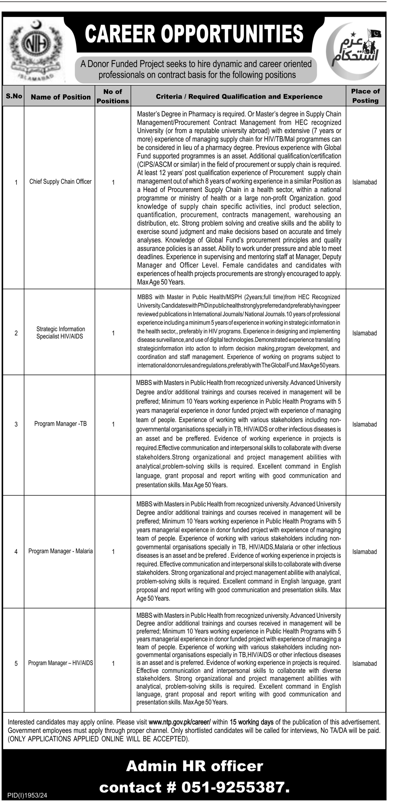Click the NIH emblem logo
click(x=36, y=50)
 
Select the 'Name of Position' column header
click(x=61, y=97)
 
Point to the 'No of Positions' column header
click(x=113, y=96)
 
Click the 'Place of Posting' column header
click(x=365, y=96)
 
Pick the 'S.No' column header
click(x=14, y=96)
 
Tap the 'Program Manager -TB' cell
click(x=60, y=424)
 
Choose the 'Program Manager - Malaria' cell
click(x=60, y=551)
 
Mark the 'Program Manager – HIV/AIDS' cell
click(x=60, y=663)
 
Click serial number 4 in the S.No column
click(x=16, y=552)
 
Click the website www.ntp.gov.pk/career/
click(x=180, y=722)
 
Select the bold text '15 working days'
click(x=251, y=722)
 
